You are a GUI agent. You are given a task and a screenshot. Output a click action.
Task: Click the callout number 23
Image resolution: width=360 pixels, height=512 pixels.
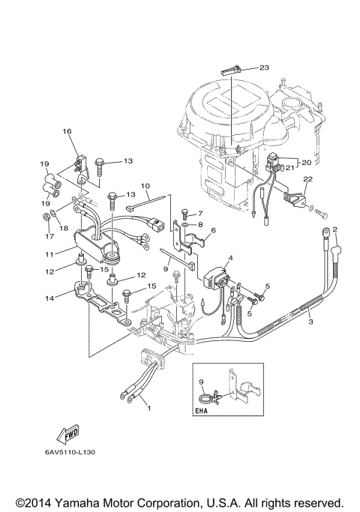[x=264, y=67]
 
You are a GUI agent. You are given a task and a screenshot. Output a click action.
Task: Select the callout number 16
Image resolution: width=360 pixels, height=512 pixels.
[x=67, y=132]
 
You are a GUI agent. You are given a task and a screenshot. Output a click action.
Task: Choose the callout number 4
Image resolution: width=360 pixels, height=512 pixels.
[x=231, y=258]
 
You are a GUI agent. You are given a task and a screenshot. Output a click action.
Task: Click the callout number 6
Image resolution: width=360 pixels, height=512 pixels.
[x=213, y=231]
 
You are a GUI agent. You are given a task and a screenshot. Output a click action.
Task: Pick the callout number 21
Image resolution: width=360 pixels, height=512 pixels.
[x=289, y=169]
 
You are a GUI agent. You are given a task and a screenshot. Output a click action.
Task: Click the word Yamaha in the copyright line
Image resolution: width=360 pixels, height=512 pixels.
[x=88, y=502]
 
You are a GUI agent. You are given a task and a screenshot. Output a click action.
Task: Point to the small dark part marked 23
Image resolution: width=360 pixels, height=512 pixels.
[x=231, y=70]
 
